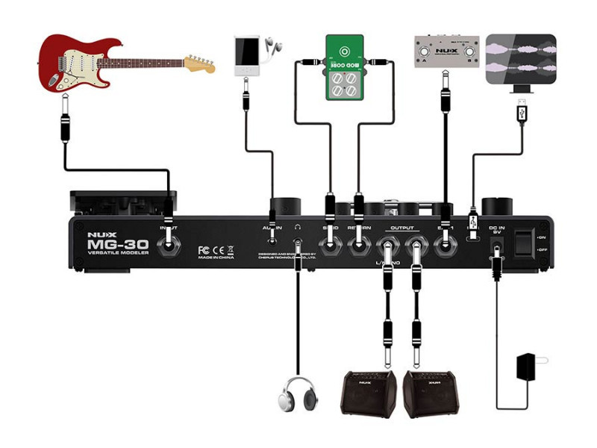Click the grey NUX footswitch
coord(445,52)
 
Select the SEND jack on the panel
coord(329,242)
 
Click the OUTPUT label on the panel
coord(402,226)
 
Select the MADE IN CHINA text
coord(216,258)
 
